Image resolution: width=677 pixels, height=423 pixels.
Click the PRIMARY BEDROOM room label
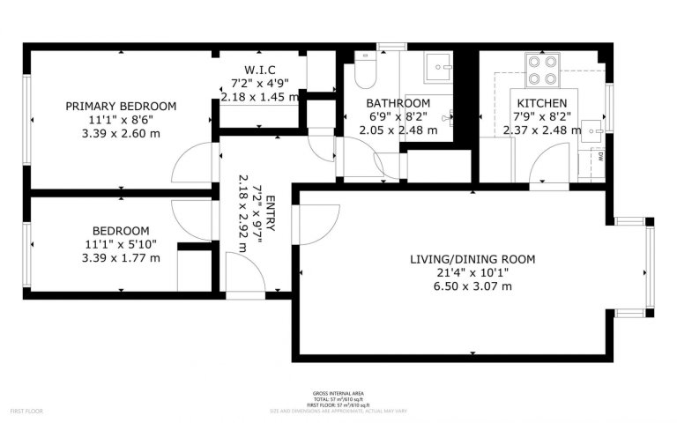click(121, 106)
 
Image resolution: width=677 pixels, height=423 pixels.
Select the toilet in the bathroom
click(365, 70)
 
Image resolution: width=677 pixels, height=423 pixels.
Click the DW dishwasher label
click(599, 157)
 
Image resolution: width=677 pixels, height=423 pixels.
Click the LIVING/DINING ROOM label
click(472, 259)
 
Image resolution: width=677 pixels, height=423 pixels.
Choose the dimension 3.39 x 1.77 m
click(121, 258)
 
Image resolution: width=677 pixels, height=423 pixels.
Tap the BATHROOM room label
click(398, 103)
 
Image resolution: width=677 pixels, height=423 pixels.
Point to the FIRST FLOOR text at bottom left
click(26, 411)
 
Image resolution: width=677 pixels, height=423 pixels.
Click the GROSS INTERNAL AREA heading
click(338, 393)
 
